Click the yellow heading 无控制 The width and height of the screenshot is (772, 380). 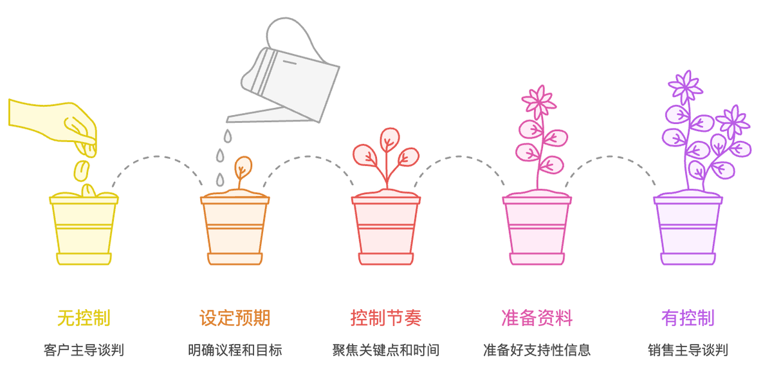coord(84,318)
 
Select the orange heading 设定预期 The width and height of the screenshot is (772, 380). coord(235,318)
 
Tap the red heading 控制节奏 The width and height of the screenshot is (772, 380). coord(386,318)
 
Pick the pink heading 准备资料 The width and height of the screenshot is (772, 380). coord(537,318)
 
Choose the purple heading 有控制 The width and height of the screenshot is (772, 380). coord(688,318)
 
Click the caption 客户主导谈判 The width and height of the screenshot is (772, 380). coord(84,350)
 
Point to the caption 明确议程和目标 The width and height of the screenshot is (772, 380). coord(235,350)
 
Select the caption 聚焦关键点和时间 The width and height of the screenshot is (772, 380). coord(386,350)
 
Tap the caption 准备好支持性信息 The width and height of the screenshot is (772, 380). coord(537,350)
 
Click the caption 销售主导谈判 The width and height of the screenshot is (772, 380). coord(688,350)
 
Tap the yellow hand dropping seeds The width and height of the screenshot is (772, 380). coord(58,122)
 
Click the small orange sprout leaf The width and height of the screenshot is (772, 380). coord(243,167)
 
